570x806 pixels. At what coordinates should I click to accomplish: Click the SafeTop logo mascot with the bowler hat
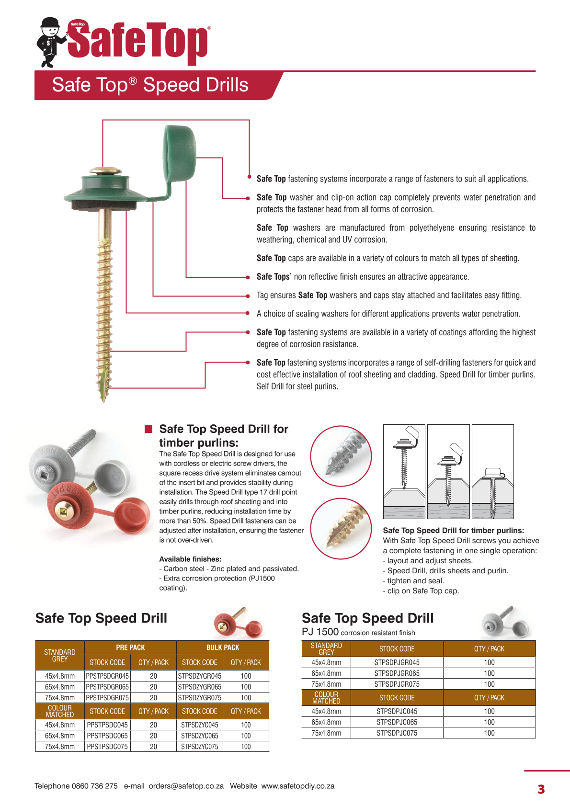click(50, 42)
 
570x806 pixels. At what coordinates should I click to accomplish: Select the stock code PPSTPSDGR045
click(107, 676)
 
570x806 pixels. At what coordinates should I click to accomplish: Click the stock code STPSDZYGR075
click(200, 698)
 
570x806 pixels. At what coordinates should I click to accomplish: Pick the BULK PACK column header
click(223, 647)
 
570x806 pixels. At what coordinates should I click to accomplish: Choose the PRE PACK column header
click(130, 647)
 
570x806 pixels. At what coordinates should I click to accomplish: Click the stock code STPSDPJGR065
click(397, 673)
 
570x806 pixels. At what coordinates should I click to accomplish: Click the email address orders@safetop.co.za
click(186, 786)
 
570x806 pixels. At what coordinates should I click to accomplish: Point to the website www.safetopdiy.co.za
click(298, 786)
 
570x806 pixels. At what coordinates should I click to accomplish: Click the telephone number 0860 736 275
click(94, 786)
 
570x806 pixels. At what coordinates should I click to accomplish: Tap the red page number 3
click(541, 789)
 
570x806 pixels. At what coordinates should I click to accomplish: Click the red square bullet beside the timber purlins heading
click(148, 429)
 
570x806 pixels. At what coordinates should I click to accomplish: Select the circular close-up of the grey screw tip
click(341, 456)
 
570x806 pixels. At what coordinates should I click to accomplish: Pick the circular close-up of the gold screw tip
click(341, 528)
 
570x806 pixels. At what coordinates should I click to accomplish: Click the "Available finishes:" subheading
click(190, 559)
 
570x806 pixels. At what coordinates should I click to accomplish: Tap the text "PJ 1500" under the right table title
click(320, 632)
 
